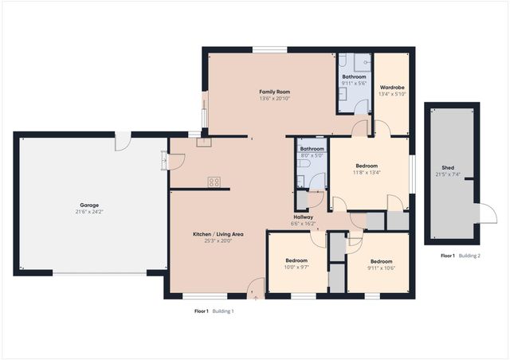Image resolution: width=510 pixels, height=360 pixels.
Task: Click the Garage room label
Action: click(x=88, y=205)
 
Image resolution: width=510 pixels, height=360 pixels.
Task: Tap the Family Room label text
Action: click(x=273, y=92)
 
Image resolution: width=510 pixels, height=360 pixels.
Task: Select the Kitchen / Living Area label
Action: click(x=218, y=233)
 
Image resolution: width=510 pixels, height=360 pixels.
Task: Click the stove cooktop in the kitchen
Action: click(x=214, y=182)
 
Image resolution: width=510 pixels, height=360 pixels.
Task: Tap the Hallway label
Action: click(x=303, y=217)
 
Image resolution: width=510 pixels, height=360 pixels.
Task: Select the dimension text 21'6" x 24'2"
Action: click(x=88, y=212)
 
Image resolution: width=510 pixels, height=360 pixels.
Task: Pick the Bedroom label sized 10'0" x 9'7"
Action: click(x=296, y=260)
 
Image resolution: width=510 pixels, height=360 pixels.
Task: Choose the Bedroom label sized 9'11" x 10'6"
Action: click(x=381, y=261)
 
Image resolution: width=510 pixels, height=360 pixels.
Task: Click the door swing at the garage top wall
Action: click(x=120, y=141)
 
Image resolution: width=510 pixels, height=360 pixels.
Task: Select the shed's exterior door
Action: click(x=483, y=213)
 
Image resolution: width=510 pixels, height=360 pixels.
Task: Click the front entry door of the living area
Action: click(x=256, y=290)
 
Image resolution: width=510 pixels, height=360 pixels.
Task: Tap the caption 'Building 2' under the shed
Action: click(x=469, y=256)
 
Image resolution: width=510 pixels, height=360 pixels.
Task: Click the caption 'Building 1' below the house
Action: click(x=222, y=311)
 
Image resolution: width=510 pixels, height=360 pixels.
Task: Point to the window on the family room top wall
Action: click(x=270, y=49)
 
